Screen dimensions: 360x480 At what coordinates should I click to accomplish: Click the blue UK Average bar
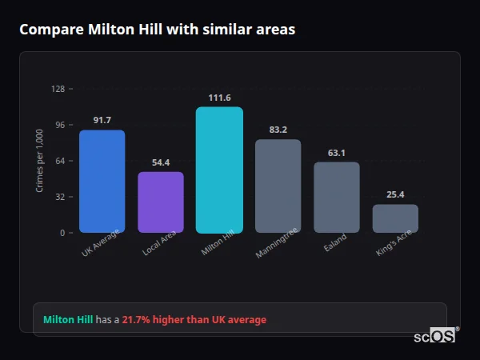tap(102, 182)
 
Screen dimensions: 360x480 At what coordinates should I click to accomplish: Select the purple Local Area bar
tap(161, 202)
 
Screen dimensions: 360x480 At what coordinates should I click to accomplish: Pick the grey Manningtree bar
tap(278, 186)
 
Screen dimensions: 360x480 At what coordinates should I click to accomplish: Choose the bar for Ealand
tap(336, 198)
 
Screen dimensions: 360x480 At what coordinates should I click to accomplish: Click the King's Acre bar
tap(395, 218)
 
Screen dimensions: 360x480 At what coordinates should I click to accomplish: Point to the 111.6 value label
tap(219, 98)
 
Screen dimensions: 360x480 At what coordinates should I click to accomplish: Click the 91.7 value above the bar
tap(102, 120)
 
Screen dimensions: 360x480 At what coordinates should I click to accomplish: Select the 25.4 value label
tap(395, 194)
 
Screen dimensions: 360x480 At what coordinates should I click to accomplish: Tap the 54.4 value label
tap(161, 162)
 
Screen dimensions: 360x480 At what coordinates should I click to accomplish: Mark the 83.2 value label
tap(278, 130)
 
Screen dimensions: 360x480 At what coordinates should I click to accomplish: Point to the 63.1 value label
tap(336, 153)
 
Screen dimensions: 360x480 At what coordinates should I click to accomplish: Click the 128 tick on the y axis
tap(58, 89)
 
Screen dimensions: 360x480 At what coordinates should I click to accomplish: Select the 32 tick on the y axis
tap(60, 197)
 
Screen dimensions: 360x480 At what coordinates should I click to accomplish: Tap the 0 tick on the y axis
tap(62, 233)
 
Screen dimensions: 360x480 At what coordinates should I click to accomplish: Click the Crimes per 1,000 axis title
tap(40, 160)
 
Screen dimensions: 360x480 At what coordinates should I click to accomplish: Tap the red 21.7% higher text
tap(194, 320)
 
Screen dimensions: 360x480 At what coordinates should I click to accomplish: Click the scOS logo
tap(435, 336)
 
